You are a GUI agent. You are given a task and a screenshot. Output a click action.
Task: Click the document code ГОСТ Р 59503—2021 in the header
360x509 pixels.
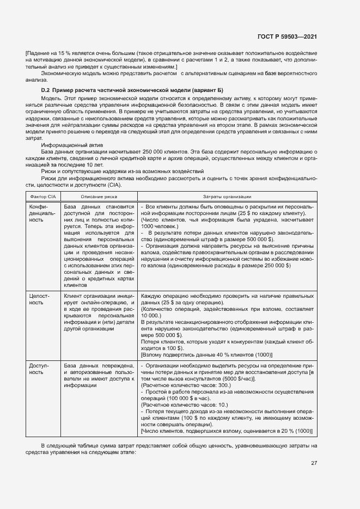click(x=287, y=37)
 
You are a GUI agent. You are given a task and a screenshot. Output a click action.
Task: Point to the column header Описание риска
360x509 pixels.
click(x=99, y=196)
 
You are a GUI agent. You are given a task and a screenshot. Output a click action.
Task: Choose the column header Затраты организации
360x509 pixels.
click(x=227, y=196)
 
